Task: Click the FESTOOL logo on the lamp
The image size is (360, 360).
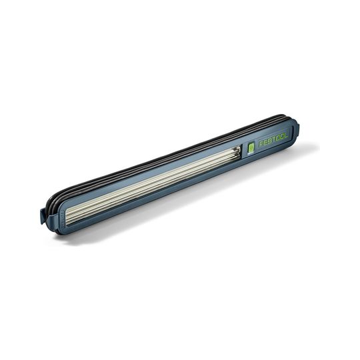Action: pos(273,140)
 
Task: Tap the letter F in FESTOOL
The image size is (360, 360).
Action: pos(261,144)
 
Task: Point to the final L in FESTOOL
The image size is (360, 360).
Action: pos(285,136)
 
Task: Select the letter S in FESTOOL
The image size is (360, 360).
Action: pos(269,141)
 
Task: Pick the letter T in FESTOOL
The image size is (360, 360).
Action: pos(273,140)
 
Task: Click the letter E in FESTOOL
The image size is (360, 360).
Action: pos(265,143)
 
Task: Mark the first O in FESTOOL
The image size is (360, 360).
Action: pos(277,139)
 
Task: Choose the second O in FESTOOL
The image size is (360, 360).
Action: pos(282,137)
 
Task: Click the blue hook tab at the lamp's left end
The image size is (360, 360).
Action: pos(42,216)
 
